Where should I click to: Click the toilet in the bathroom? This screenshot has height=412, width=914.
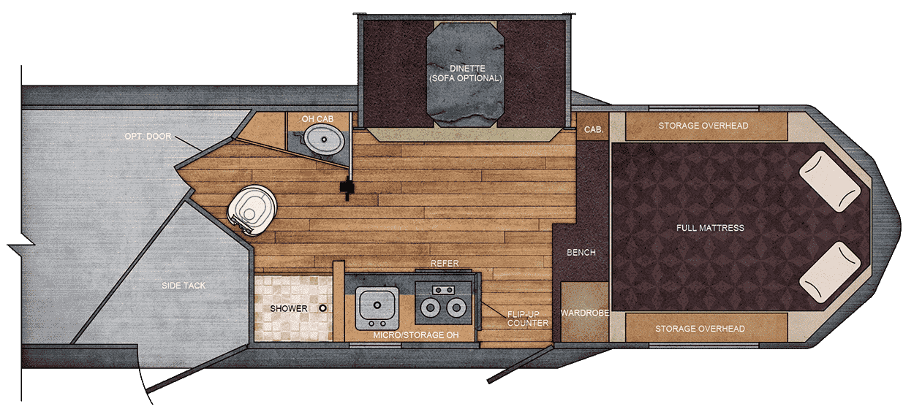tap(252, 210)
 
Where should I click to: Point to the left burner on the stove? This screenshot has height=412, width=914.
tap(430, 307)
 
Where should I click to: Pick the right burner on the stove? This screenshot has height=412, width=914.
tap(456, 307)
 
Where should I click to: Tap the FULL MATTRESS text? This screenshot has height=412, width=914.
tap(710, 228)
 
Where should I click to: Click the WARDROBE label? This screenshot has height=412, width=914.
tap(581, 313)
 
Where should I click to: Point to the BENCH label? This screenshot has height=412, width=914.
tap(581, 253)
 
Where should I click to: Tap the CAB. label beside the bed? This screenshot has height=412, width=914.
tap(592, 129)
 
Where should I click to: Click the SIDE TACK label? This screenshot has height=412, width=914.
tap(184, 286)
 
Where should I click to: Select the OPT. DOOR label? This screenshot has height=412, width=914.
tap(147, 136)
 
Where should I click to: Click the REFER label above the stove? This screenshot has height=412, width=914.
tap(445, 263)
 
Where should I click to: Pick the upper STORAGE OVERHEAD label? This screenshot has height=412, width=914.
tap(703, 126)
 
